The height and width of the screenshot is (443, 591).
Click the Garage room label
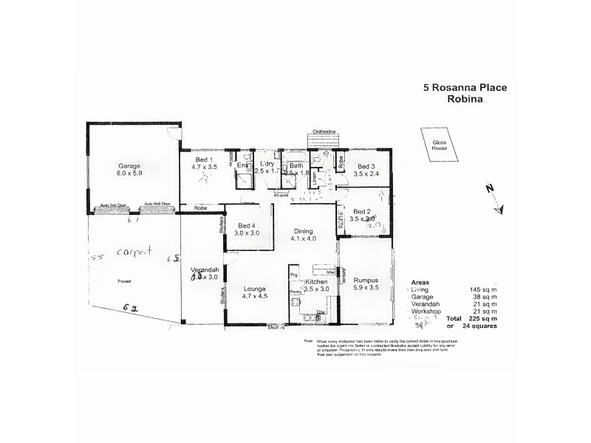(129, 166)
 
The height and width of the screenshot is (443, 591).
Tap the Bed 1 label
(204, 160)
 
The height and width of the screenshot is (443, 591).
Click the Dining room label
(304, 230)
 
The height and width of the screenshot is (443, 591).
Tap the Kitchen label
(316, 283)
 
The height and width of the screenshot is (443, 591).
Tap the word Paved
(123, 281)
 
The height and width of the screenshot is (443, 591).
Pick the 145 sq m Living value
(483, 289)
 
